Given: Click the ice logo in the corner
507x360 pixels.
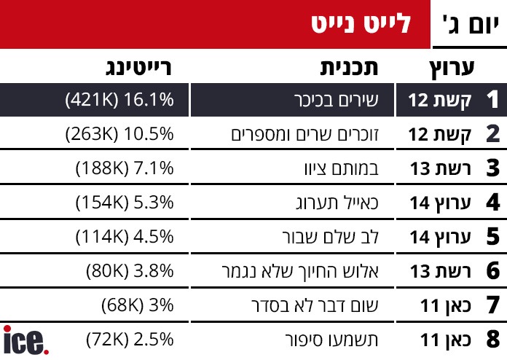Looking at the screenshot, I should [x=26, y=340].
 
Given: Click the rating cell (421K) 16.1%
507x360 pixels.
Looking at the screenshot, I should [x=119, y=100].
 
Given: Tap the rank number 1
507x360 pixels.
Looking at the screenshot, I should [x=492, y=100].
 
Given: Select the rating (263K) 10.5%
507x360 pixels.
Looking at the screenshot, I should [x=119, y=134].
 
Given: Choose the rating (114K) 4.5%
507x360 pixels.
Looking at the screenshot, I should [x=125, y=237].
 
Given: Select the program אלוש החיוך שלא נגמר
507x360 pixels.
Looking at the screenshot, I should [x=310, y=271].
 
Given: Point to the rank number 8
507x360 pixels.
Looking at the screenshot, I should [x=492, y=340].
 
